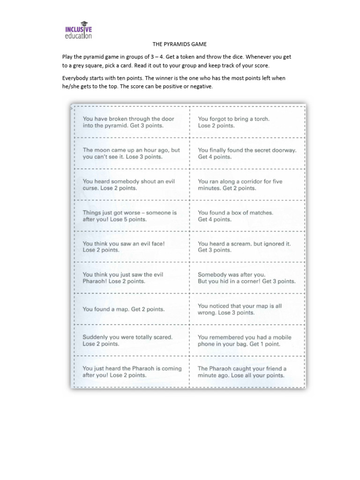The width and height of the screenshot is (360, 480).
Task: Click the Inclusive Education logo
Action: click(x=78, y=30)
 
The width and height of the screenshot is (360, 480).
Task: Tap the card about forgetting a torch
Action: click(x=247, y=122)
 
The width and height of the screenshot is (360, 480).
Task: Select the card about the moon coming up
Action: click(x=132, y=153)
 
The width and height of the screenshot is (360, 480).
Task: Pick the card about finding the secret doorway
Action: click(x=247, y=153)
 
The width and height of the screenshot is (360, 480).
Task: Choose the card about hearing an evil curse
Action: click(x=132, y=185)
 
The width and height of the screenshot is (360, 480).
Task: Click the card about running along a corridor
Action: click(x=247, y=185)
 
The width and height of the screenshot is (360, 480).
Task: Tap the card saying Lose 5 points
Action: click(x=132, y=216)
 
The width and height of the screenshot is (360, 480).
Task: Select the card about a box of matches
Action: click(x=247, y=216)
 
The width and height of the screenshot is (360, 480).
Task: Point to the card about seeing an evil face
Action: click(x=132, y=247)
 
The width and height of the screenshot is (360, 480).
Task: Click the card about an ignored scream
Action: click(x=247, y=247)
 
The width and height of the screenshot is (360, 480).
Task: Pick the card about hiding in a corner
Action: click(x=247, y=278)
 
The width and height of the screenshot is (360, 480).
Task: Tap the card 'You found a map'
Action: click(x=132, y=309)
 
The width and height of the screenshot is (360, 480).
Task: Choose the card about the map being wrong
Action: click(x=247, y=309)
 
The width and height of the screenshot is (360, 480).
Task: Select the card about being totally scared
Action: click(x=132, y=340)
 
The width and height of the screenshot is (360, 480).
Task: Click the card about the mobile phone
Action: click(x=247, y=340)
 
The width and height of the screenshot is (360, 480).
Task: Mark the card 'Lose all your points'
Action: click(x=247, y=372)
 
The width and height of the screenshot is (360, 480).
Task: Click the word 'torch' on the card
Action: click(x=262, y=119)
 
